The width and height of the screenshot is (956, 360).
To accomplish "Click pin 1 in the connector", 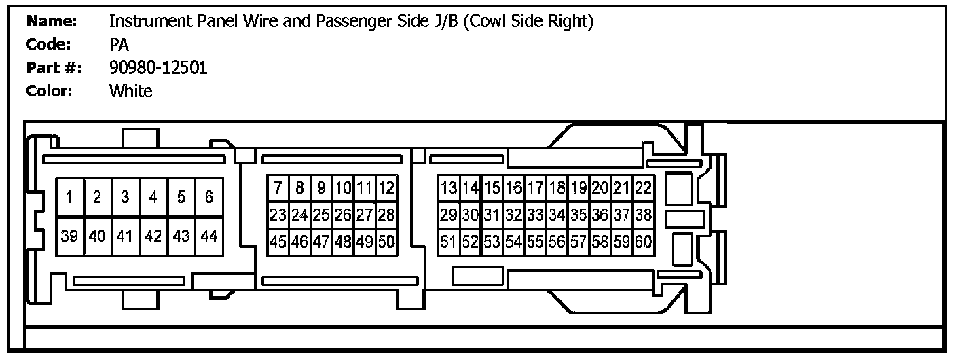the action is click(x=70, y=198).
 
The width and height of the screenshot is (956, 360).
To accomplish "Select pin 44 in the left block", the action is click(x=209, y=236).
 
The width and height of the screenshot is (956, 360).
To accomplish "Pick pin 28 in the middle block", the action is click(x=386, y=215).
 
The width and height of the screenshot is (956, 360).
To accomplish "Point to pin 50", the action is click(x=386, y=241).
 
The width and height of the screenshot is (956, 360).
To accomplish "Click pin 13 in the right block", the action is click(x=449, y=187).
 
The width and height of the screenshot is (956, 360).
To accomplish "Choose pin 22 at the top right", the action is click(x=643, y=187).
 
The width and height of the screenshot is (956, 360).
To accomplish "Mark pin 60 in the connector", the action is click(x=643, y=241).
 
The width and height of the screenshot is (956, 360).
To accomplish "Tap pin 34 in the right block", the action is click(x=557, y=215).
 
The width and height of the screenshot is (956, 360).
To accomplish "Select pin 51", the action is click(x=449, y=241).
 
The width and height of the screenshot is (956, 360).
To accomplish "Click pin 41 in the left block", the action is click(x=126, y=236).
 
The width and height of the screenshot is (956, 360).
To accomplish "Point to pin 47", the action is click(x=322, y=241).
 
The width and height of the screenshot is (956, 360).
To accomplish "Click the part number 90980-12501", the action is click(x=158, y=67).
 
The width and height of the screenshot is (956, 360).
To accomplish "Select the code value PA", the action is click(x=119, y=45).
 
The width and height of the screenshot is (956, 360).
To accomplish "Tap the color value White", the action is click(x=131, y=90).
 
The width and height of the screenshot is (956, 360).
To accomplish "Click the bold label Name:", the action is click(x=51, y=22).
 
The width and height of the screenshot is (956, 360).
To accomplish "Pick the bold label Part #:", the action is click(x=54, y=67).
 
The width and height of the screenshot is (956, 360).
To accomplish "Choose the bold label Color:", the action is click(x=49, y=90).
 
